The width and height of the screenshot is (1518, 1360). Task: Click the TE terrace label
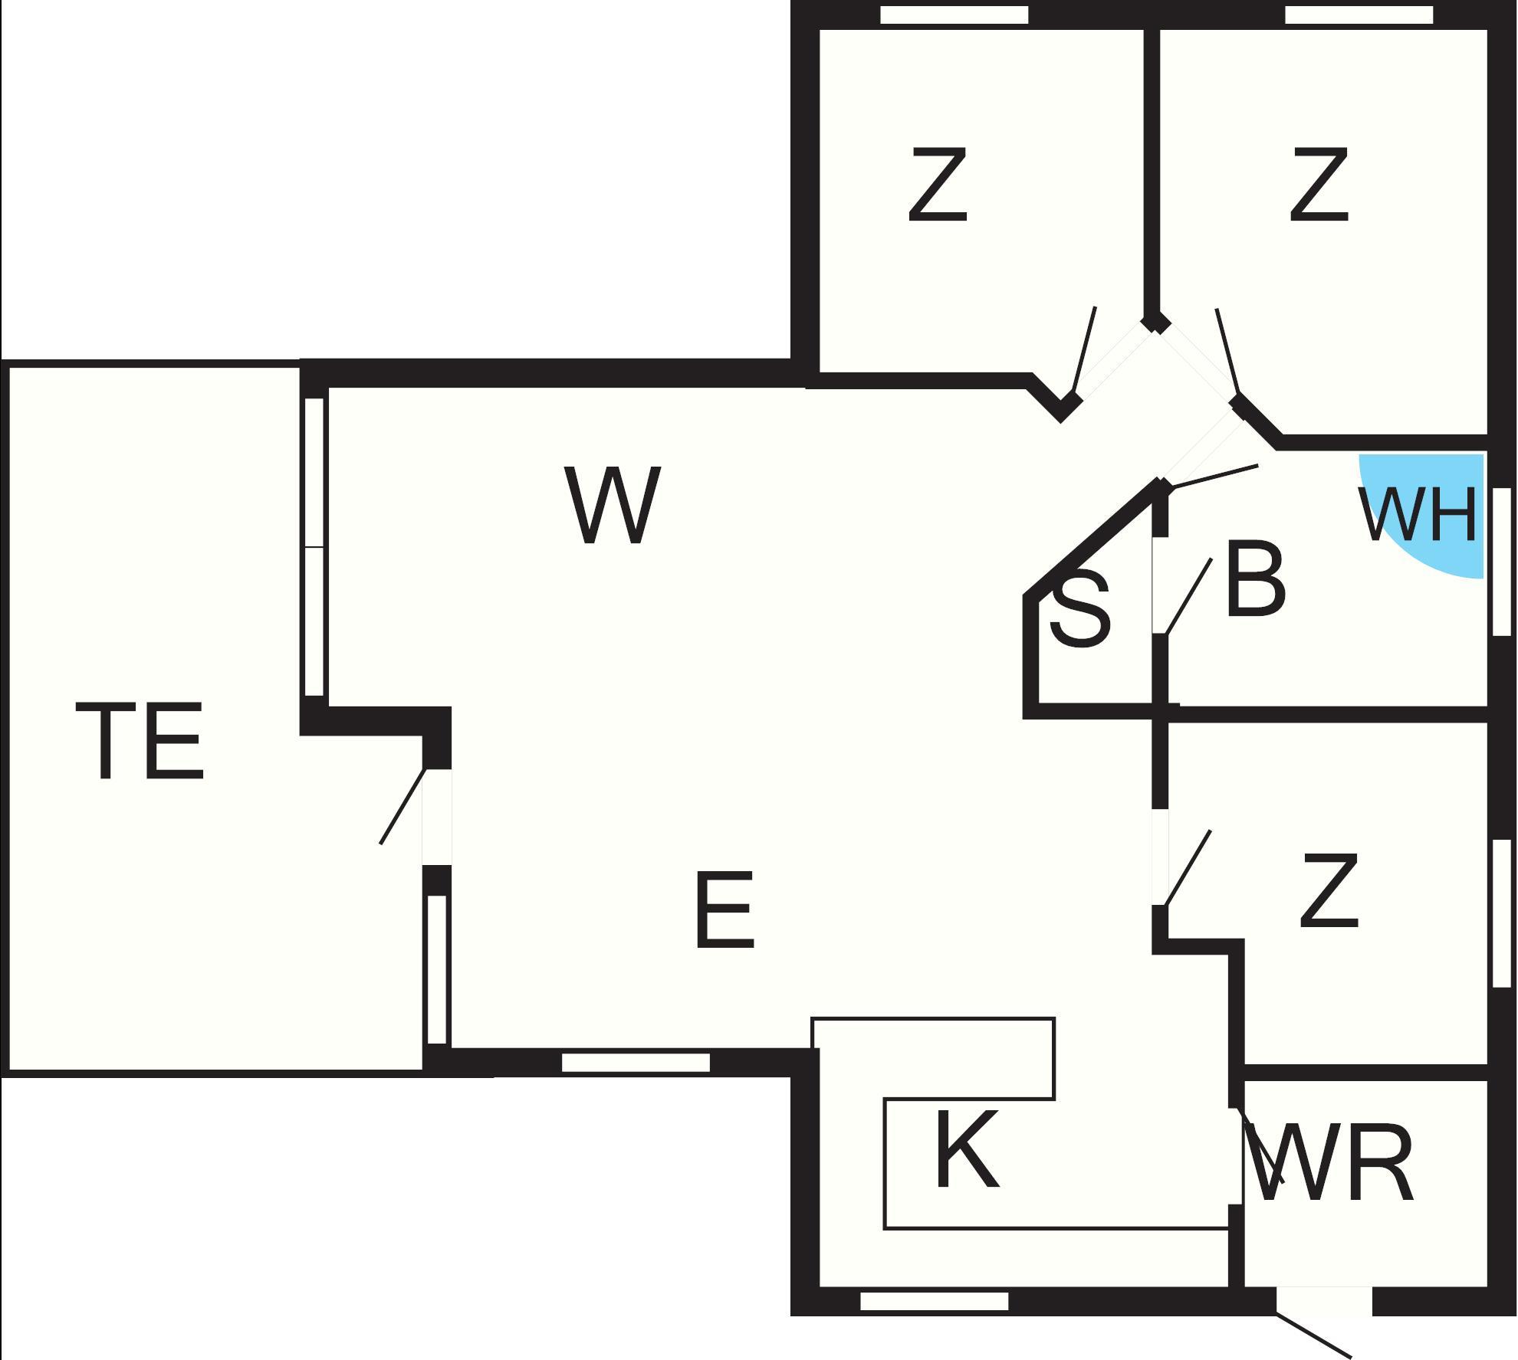point(140,742)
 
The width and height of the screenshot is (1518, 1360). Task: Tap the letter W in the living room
point(612,506)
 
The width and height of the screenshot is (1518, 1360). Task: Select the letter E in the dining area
point(724,910)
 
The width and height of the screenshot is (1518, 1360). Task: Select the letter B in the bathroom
point(1255,579)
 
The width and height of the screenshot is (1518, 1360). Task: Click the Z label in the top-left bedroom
point(938,185)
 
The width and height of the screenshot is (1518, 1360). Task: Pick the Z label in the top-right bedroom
point(1319,185)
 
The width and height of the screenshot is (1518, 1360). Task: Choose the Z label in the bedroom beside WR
point(1329,892)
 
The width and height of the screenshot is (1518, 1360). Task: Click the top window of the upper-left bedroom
point(953,15)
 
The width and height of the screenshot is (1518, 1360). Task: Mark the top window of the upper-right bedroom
point(1359,15)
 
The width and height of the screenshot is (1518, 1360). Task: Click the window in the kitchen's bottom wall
point(934,1301)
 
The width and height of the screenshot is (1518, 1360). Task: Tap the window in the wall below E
point(636,1063)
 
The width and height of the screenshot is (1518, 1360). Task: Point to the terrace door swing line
point(402,807)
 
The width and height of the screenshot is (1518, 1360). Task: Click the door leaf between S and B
point(1188,597)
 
